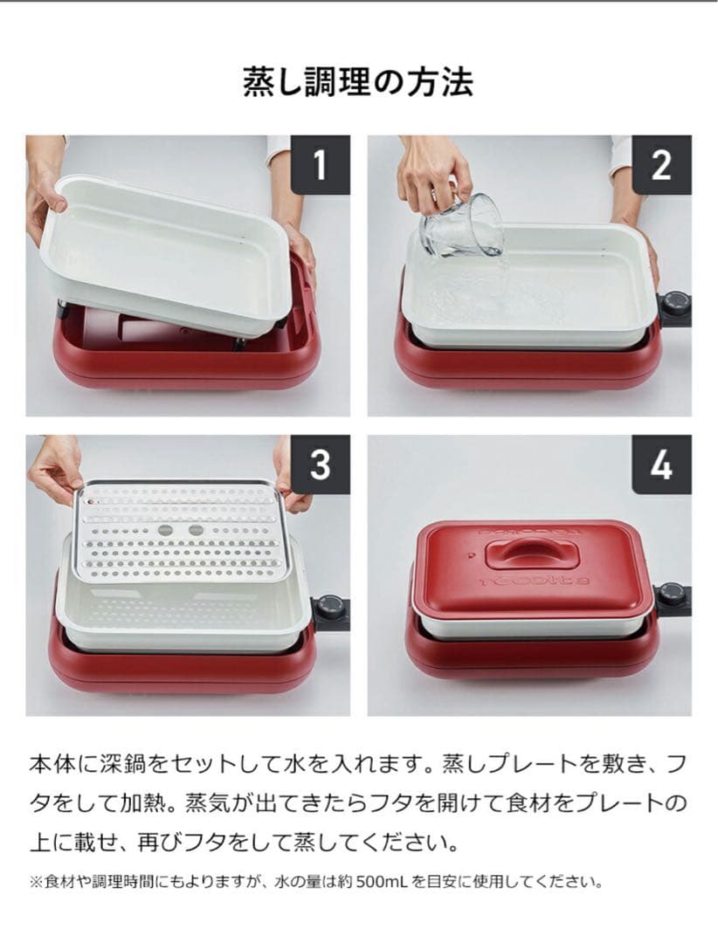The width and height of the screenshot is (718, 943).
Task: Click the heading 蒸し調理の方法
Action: (x=358, y=82)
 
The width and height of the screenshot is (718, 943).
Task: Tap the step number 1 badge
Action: (x=320, y=164)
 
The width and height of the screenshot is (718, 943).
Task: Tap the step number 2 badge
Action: (x=661, y=164)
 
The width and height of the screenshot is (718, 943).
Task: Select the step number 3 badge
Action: (x=320, y=465)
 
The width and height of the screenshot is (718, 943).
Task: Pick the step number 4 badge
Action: (x=661, y=465)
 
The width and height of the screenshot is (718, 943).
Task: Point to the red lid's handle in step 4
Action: (x=530, y=552)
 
